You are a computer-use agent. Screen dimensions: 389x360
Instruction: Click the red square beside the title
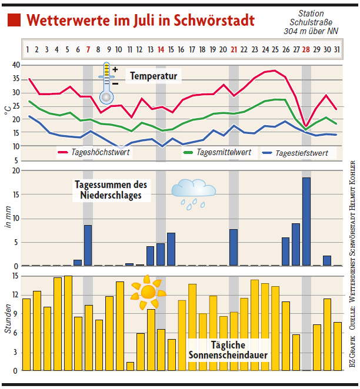click(x=15, y=21)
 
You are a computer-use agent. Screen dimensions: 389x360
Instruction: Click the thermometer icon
click(x=106, y=82)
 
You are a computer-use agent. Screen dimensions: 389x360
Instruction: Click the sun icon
click(x=148, y=291)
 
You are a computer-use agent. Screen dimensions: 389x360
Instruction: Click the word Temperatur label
click(x=154, y=76)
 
